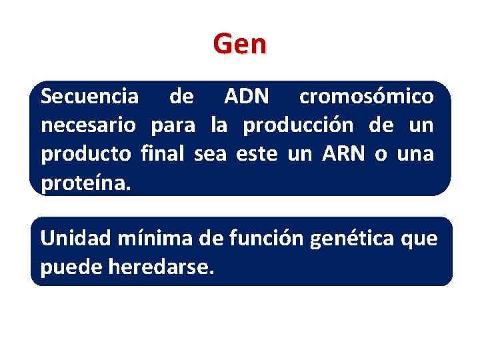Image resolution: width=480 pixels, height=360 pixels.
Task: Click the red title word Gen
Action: pyautogui.click(x=240, y=44)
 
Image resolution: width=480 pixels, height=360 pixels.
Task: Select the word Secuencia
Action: pyautogui.click(x=90, y=97)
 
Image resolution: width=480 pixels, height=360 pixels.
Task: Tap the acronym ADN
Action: pyautogui.click(x=247, y=97)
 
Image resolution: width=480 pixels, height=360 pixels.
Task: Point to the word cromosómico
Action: pyautogui.click(x=366, y=97)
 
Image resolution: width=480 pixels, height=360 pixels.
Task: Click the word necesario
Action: pyautogui.click(x=89, y=125)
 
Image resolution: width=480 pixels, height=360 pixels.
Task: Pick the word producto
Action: pyautogui.click(x=87, y=155)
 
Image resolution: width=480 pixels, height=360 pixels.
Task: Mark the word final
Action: pyautogui.click(x=164, y=154)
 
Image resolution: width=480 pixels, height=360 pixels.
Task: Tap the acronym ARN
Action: pyautogui.click(x=343, y=154)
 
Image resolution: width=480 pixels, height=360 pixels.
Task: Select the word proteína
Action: pyautogui.click(x=86, y=183)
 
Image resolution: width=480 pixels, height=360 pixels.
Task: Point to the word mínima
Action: pyautogui.click(x=145, y=239)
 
